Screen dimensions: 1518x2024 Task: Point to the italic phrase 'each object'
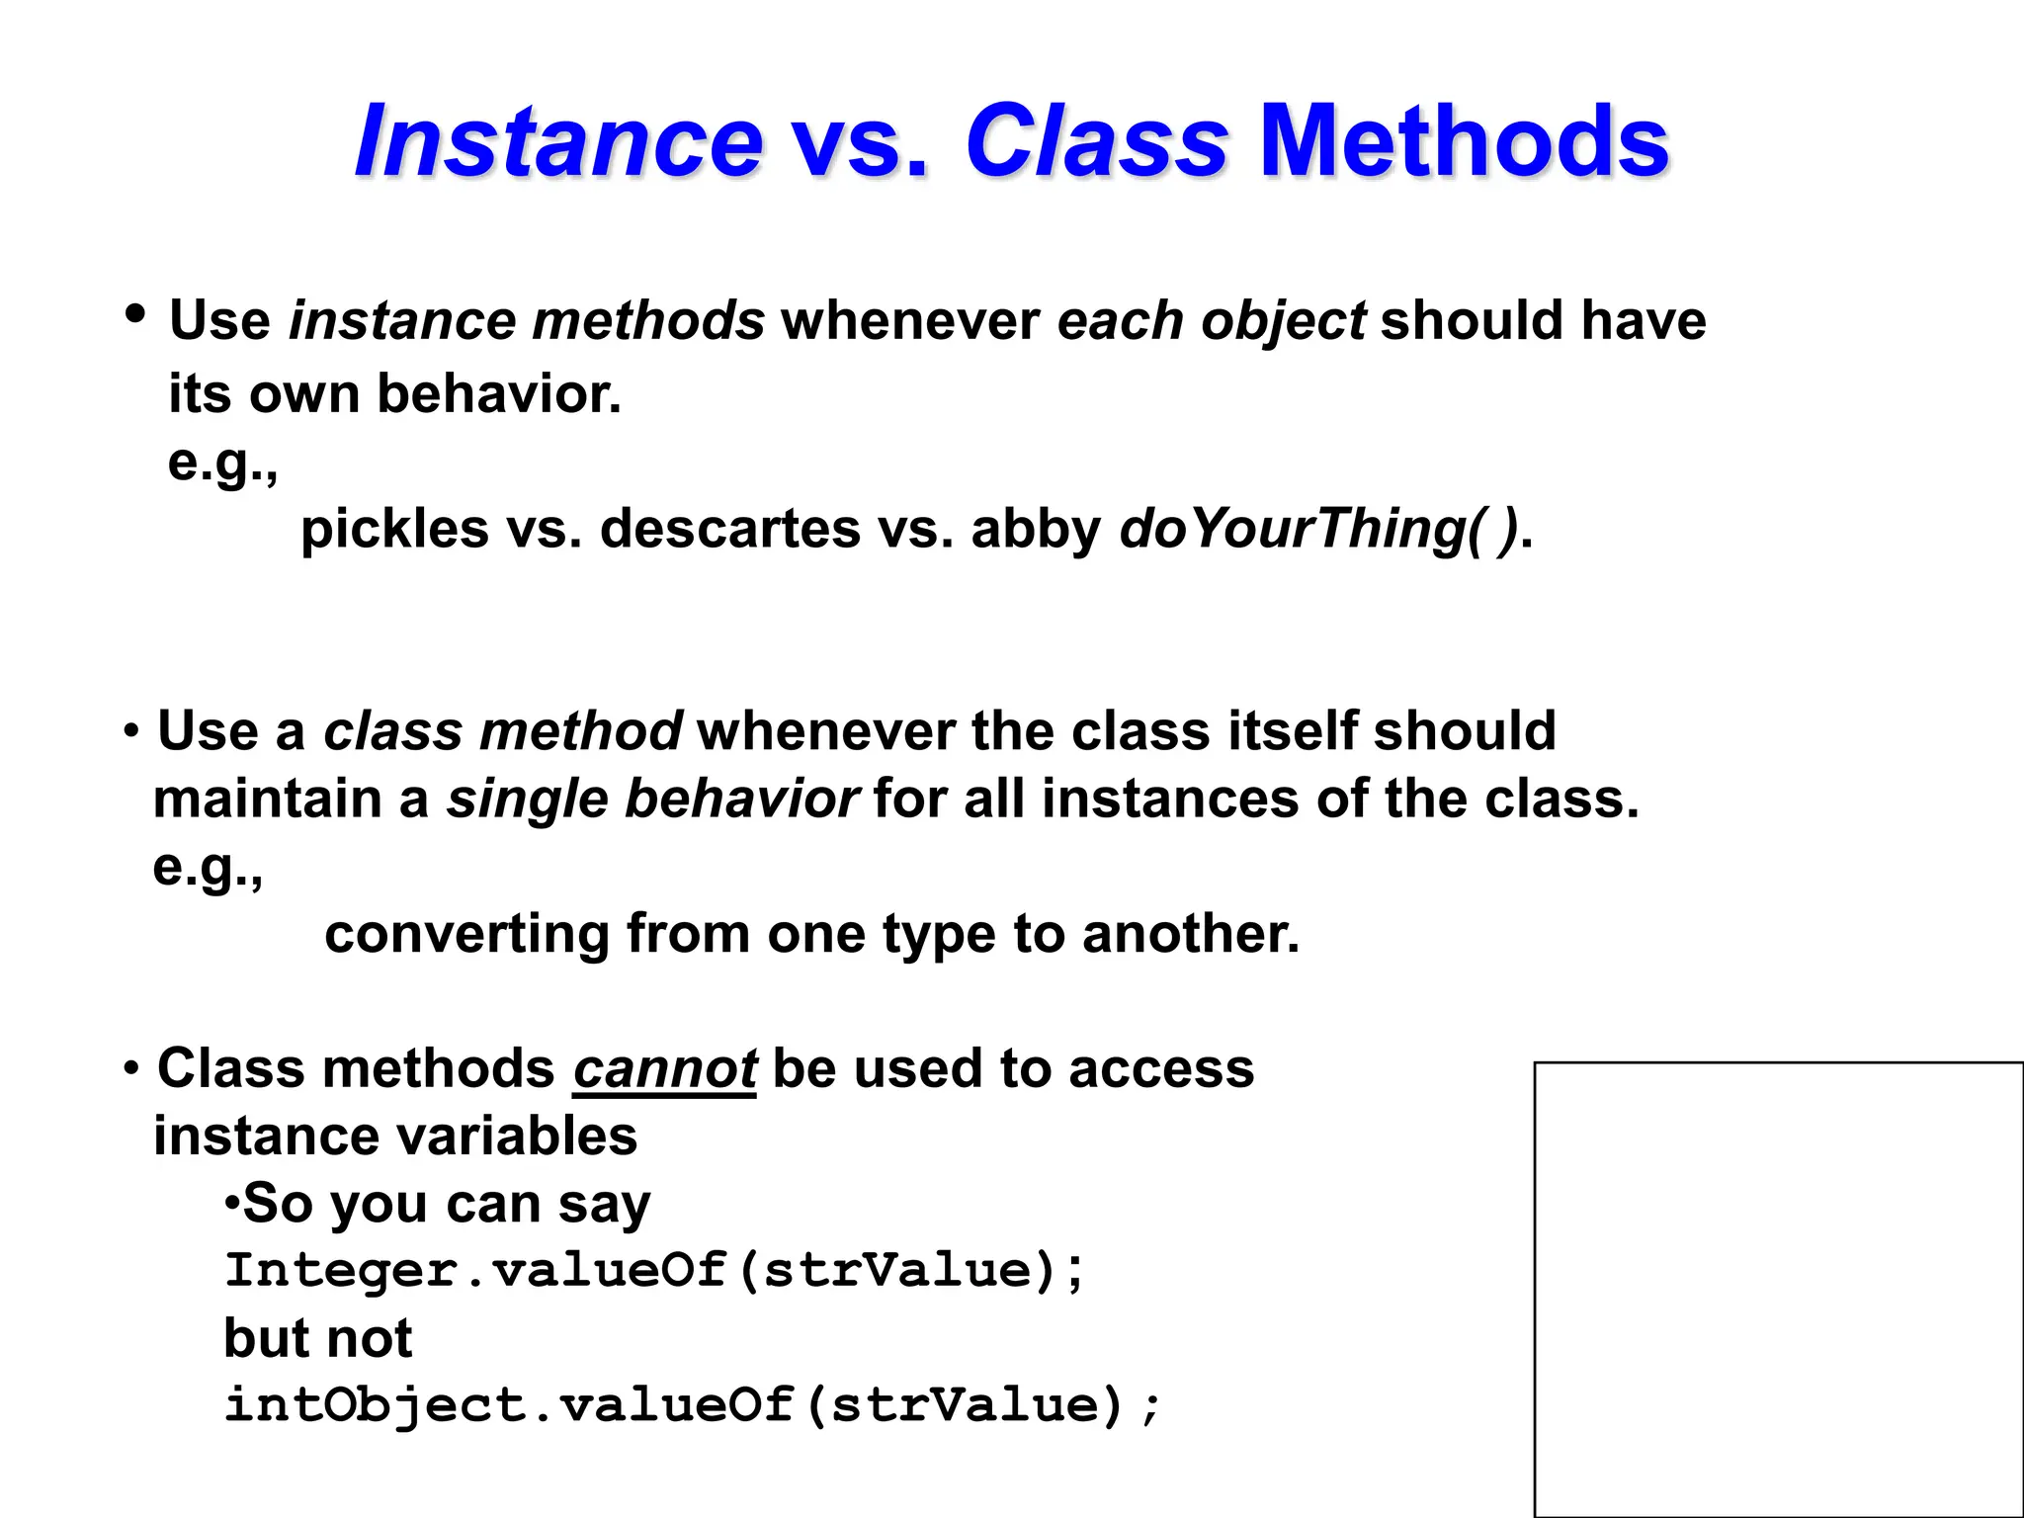[1211, 321]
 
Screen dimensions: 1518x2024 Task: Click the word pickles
[394, 529]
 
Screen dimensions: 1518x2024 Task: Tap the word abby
[1035, 529]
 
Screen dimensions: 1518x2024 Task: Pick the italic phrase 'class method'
[502, 731]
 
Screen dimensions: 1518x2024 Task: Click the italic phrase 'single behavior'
[652, 799]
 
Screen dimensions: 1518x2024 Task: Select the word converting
[466, 934]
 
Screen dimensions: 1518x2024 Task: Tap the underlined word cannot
[664, 1069]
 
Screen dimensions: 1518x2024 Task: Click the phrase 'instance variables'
[395, 1137]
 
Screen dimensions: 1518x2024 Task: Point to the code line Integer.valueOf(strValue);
[654, 1271]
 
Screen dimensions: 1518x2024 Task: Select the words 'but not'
[317, 1339]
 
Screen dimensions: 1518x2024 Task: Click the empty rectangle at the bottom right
[1778, 1289]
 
